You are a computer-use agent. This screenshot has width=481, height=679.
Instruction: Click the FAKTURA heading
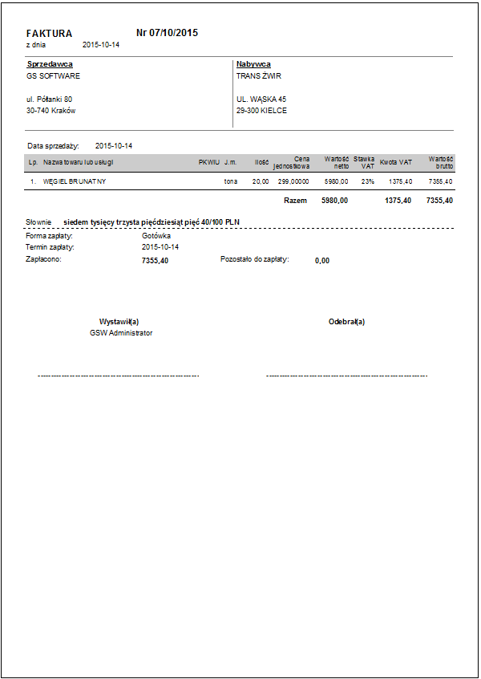pyautogui.click(x=49, y=34)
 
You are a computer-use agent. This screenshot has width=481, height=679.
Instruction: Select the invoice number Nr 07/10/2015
pyautogui.click(x=167, y=33)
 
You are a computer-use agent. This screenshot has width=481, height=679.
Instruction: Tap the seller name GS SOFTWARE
pyautogui.click(x=53, y=76)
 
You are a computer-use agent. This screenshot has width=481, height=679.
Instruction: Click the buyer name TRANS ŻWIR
pyautogui.click(x=259, y=76)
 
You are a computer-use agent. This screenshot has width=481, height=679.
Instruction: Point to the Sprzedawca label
pyautogui.click(x=50, y=63)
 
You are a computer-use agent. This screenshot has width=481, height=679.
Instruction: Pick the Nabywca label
pyautogui.click(x=253, y=63)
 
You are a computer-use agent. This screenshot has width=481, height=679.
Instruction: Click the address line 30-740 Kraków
pyautogui.click(x=51, y=111)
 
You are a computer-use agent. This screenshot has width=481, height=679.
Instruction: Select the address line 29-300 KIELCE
pyautogui.click(x=261, y=111)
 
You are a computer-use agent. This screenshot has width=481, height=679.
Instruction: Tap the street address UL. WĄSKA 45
pyautogui.click(x=261, y=100)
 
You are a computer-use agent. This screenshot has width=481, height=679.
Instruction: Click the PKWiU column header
pyautogui.click(x=208, y=162)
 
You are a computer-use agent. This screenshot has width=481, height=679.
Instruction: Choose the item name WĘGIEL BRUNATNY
pyautogui.click(x=75, y=182)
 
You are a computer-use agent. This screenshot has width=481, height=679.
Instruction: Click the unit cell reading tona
pyautogui.click(x=231, y=182)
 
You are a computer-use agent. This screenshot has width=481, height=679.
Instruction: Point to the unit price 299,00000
pyautogui.click(x=293, y=182)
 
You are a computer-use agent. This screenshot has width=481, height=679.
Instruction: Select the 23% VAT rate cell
pyautogui.click(x=367, y=182)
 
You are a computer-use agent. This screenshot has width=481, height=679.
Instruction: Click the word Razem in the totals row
pyautogui.click(x=295, y=201)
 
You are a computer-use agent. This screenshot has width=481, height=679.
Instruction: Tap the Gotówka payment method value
pyautogui.click(x=156, y=236)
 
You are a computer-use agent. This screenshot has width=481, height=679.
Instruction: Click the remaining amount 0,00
pyautogui.click(x=322, y=261)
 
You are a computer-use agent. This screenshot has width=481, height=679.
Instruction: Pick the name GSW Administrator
pyautogui.click(x=121, y=332)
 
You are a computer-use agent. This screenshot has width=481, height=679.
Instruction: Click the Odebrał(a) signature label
pyautogui.click(x=346, y=321)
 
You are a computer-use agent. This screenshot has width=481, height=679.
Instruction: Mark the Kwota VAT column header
pyautogui.click(x=396, y=162)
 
